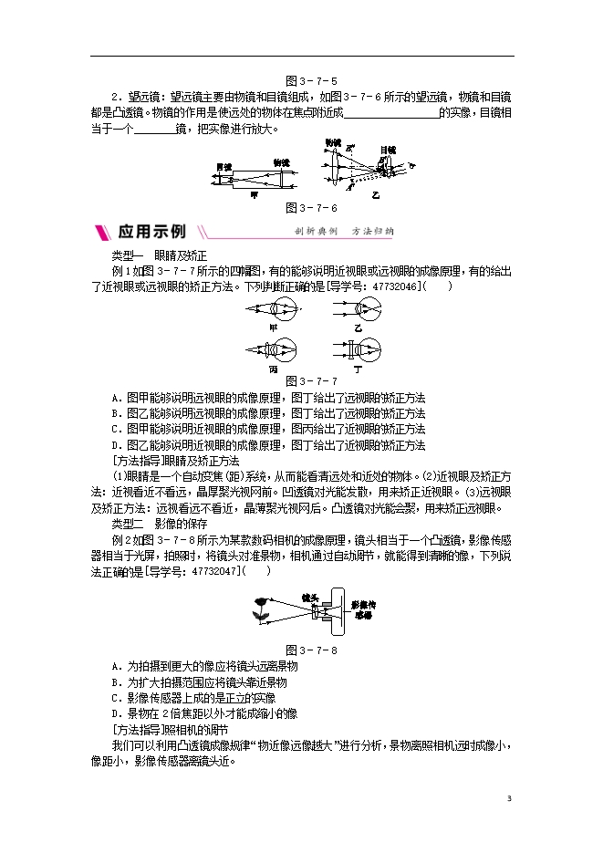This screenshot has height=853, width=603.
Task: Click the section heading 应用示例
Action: [x=151, y=231]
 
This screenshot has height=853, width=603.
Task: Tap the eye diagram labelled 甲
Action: [x=272, y=310]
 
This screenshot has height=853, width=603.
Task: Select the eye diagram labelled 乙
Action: [x=358, y=310]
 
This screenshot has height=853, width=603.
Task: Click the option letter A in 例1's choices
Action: [x=115, y=398]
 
